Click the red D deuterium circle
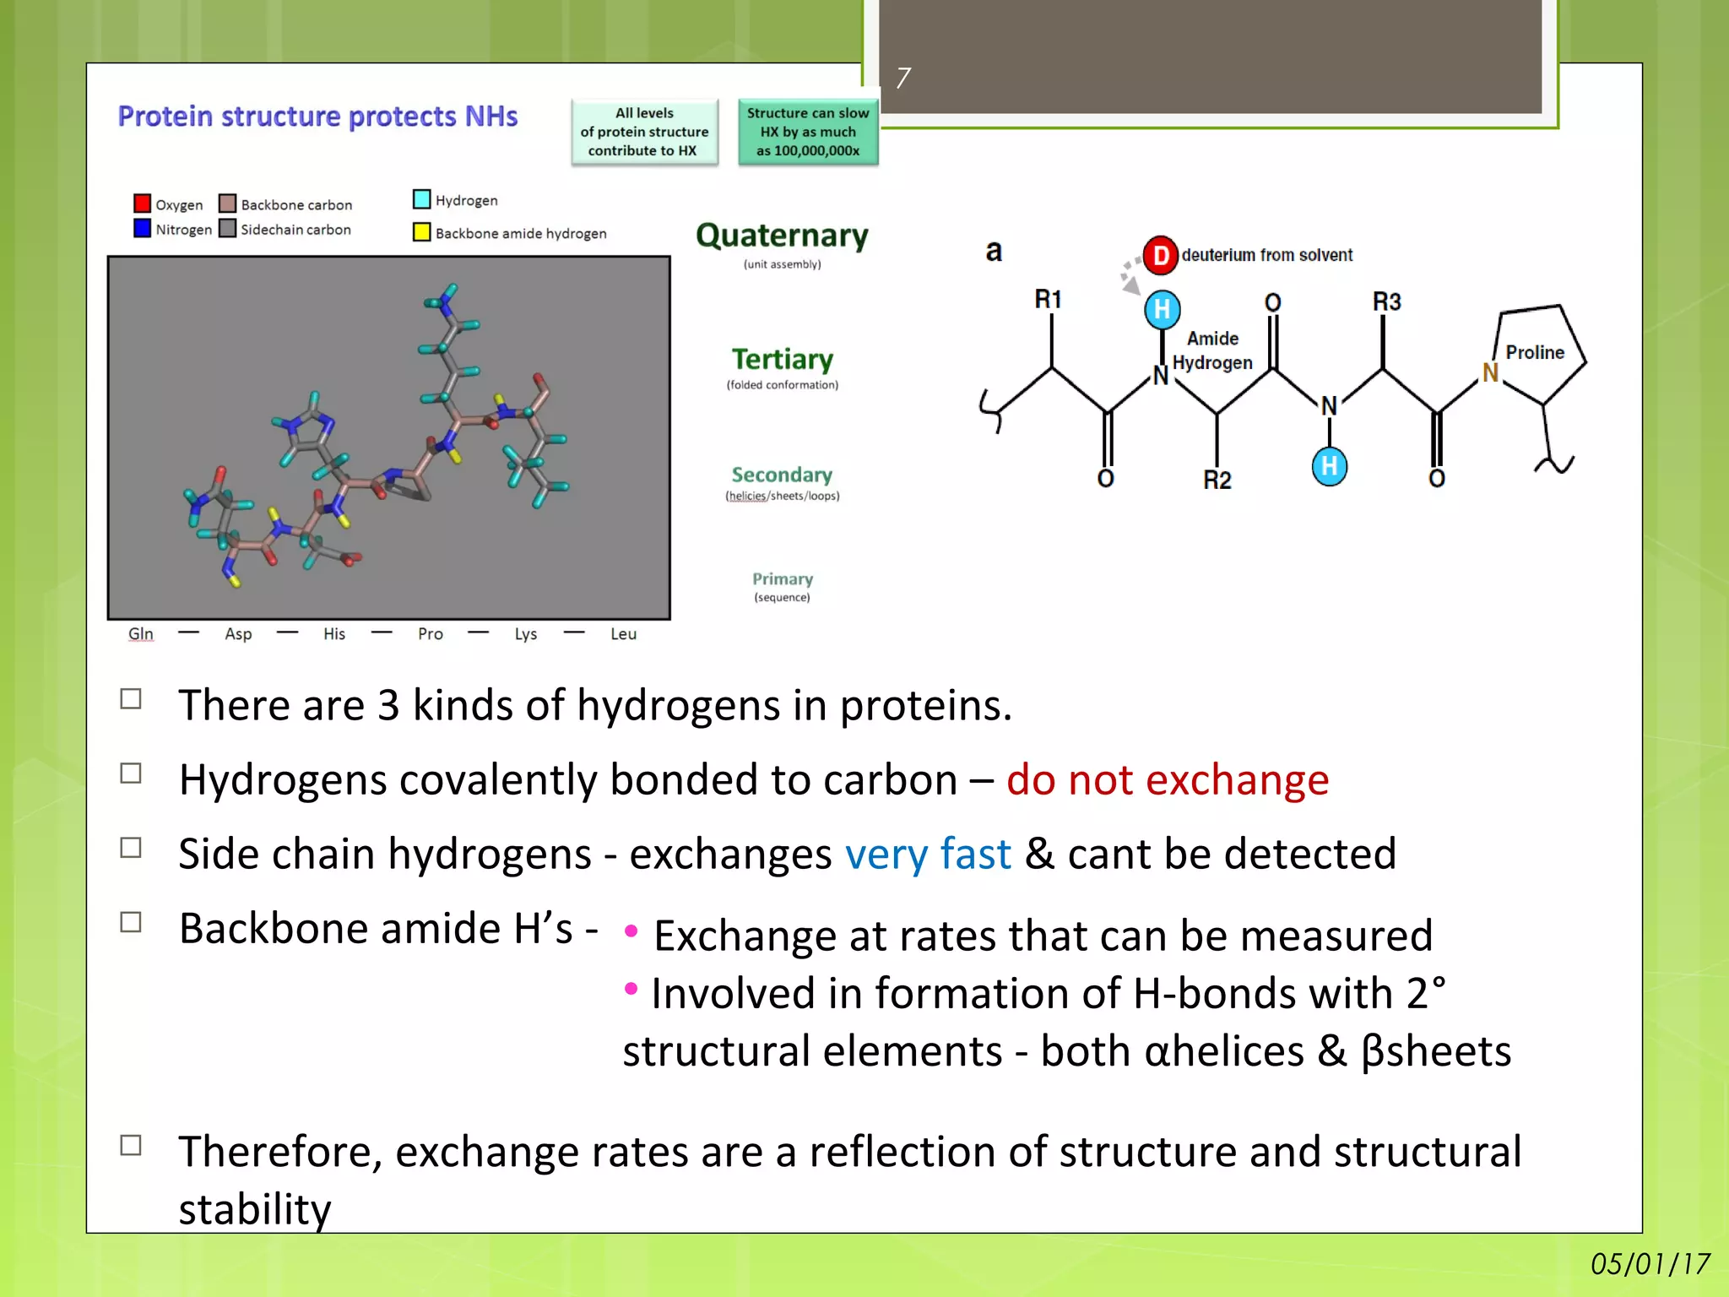pyautogui.click(x=1161, y=255)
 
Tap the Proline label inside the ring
pyautogui.click(x=1534, y=352)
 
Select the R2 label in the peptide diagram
pyautogui.click(x=1217, y=480)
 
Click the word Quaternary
pyautogui.click(x=782, y=236)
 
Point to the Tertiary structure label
pyautogui.click(x=782, y=360)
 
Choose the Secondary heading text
pyautogui.click(x=782, y=475)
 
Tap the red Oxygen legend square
pyautogui.click(x=142, y=204)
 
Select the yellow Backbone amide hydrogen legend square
pyautogui.click(x=421, y=232)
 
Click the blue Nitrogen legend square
pyautogui.click(x=142, y=229)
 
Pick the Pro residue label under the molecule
pyautogui.click(x=430, y=633)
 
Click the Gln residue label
pyautogui.click(x=141, y=633)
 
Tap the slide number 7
pyautogui.click(x=902, y=79)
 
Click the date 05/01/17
pyautogui.click(x=1650, y=1263)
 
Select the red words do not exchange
pyautogui.click(x=1167, y=779)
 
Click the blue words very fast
pyautogui.click(x=927, y=854)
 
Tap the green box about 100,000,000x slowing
pyautogui.click(x=808, y=132)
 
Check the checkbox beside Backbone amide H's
pyautogui.click(x=131, y=922)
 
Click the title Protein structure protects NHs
pyautogui.click(x=317, y=117)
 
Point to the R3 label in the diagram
pyautogui.click(x=1385, y=301)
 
